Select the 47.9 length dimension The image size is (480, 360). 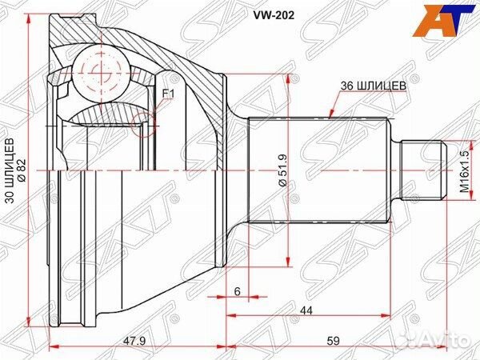point(114,342)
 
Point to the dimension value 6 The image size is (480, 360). point(238,293)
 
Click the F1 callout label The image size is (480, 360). point(167,94)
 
